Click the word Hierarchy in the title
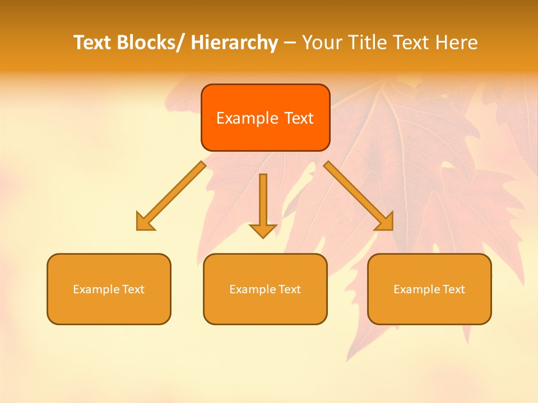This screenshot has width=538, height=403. click(x=234, y=43)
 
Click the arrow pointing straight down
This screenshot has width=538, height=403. click(x=263, y=204)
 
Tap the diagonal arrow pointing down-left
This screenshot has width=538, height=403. click(x=171, y=196)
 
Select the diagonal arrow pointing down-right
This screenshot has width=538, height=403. click(x=359, y=196)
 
